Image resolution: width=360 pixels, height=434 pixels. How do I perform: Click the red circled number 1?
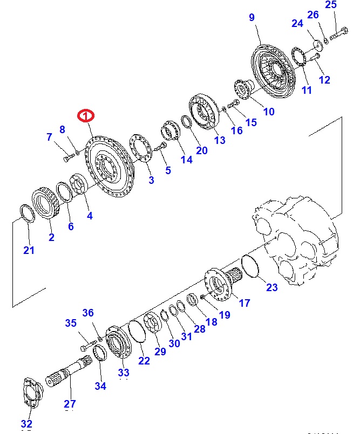tap(86, 115)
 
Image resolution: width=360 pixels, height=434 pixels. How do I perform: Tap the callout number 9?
tap(252, 18)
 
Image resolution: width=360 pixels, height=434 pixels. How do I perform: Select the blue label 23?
tap(272, 287)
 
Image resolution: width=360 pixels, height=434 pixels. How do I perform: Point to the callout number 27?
tap(70, 404)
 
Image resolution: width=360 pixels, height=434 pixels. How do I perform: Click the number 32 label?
tap(26, 424)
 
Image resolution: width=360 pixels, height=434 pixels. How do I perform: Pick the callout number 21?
tap(29, 250)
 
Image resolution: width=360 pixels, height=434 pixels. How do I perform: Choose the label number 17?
tap(244, 303)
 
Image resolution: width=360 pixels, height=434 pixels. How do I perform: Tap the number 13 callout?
tap(220, 141)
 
